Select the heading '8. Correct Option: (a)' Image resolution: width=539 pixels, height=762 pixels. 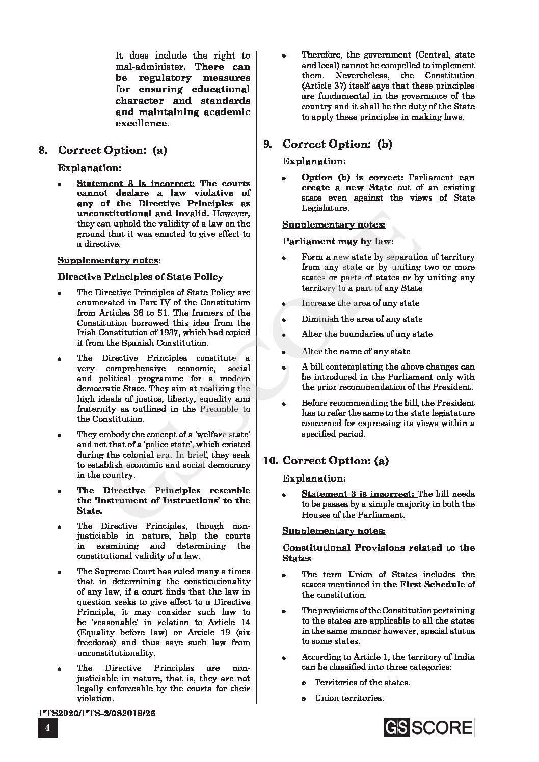(103, 150)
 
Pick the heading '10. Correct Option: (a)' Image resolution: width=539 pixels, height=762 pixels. (326, 461)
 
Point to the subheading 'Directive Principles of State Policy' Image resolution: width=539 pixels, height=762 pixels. (140, 277)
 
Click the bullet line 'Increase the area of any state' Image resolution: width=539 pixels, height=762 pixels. (360, 303)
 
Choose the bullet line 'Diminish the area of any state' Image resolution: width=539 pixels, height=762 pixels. (362, 319)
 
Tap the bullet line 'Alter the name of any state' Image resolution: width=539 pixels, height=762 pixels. (356, 351)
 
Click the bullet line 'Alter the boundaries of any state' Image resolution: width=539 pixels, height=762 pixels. (367, 334)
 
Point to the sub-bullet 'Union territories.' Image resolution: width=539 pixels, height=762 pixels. (349, 698)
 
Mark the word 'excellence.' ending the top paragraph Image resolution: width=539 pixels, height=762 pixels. (142, 123)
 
